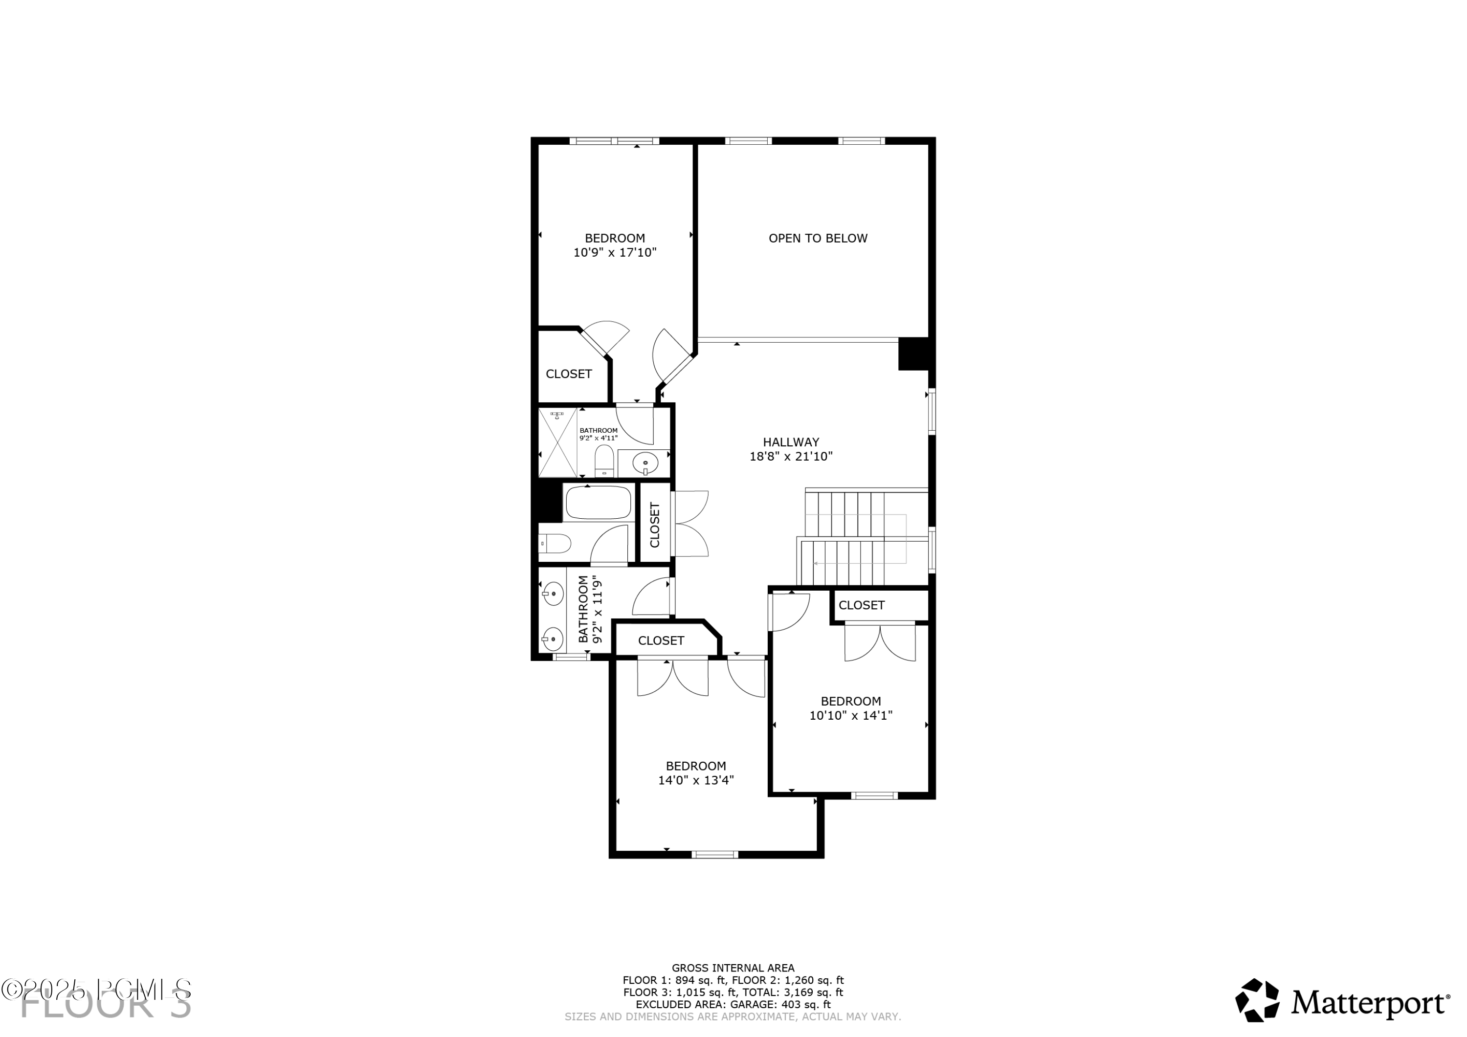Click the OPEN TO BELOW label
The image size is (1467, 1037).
pyautogui.click(x=817, y=238)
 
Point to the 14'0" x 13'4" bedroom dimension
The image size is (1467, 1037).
pyautogui.click(x=695, y=780)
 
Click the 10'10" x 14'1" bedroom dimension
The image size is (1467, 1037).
pyautogui.click(x=850, y=716)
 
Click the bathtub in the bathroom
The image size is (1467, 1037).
pyautogui.click(x=599, y=502)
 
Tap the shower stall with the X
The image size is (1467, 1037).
pyautogui.click(x=557, y=442)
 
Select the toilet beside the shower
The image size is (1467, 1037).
pyautogui.click(x=604, y=460)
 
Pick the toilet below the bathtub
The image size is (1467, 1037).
pyautogui.click(x=555, y=544)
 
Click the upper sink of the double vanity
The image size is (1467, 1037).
pyautogui.click(x=553, y=594)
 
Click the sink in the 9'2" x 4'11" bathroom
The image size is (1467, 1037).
pyautogui.click(x=645, y=462)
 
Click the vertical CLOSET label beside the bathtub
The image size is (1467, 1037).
pyautogui.click(x=654, y=525)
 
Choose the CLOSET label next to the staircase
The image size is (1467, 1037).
pyautogui.click(x=861, y=605)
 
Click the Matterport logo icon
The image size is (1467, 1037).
pyautogui.click(x=1256, y=1001)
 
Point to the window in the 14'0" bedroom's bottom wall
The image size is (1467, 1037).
pyautogui.click(x=714, y=854)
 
